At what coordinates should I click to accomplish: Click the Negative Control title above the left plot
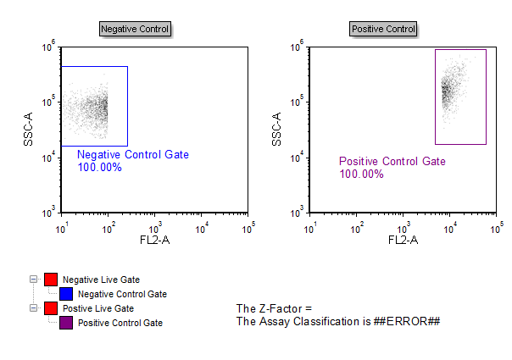135,30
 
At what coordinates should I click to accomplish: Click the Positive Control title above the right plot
383,30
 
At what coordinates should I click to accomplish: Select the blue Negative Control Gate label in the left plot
133,155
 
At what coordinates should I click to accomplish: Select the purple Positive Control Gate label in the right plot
392,162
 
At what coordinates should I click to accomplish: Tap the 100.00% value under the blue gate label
100,168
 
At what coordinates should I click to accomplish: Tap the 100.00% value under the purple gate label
361,174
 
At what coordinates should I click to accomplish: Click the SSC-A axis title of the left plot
29,129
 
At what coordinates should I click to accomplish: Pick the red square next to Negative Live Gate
51,280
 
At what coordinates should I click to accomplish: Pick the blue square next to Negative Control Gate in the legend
66,294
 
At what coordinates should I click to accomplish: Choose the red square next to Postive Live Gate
51,308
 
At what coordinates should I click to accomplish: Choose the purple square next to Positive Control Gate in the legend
66,323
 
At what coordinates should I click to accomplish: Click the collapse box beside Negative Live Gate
34,280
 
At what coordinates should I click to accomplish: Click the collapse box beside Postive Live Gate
34,308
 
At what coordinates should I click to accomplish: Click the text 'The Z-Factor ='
275,308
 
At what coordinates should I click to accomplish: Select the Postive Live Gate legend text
98,308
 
